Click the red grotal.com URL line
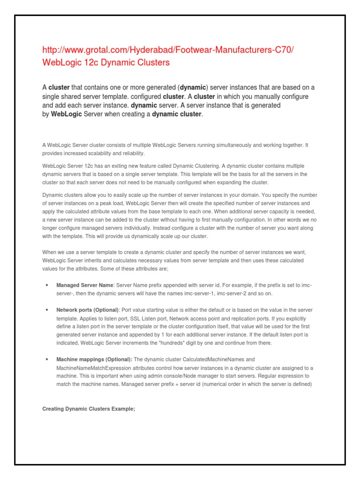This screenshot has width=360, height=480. pos(168,51)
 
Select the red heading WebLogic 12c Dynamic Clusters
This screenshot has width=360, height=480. pos(106,62)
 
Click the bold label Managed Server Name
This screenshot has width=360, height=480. pos(85,285)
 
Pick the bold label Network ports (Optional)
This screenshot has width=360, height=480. pos(88,310)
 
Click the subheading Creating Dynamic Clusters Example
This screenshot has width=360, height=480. pos(89,409)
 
